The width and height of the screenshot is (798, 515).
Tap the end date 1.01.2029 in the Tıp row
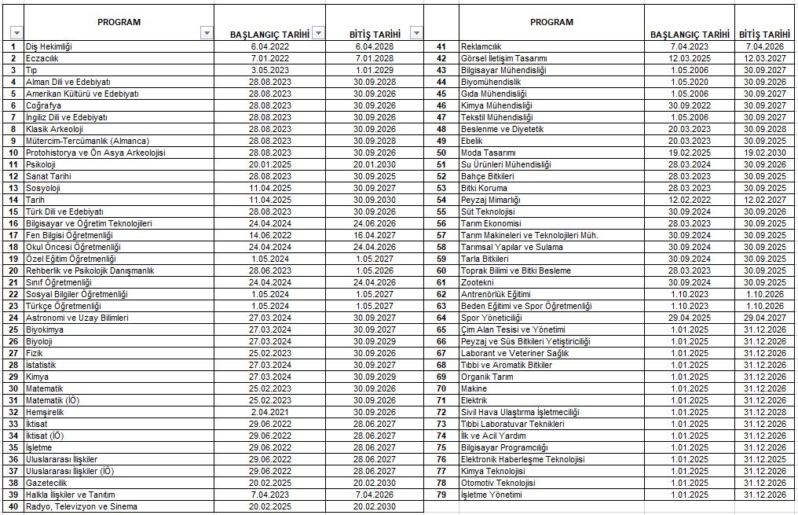[x=374, y=70]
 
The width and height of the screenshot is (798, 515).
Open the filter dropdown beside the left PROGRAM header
[x=207, y=33]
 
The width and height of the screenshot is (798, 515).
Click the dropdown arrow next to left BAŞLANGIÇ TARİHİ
[x=317, y=33]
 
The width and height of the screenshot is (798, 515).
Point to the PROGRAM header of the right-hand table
[x=551, y=22]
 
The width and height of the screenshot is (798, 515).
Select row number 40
[x=13, y=506]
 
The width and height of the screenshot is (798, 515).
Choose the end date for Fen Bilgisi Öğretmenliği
[x=374, y=235]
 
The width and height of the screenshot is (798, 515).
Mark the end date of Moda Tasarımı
[x=766, y=153]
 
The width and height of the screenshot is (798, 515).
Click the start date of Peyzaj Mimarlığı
[x=689, y=200]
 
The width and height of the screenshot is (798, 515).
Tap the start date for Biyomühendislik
[x=689, y=82]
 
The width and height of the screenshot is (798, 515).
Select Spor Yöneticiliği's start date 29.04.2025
[x=689, y=318]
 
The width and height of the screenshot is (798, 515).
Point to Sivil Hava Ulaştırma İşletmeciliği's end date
[x=766, y=412]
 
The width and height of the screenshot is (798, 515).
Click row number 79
[x=441, y=495]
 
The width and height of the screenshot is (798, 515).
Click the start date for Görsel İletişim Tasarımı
[x=689, y=58]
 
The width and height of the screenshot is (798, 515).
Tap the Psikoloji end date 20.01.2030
[x=374, y=164]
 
